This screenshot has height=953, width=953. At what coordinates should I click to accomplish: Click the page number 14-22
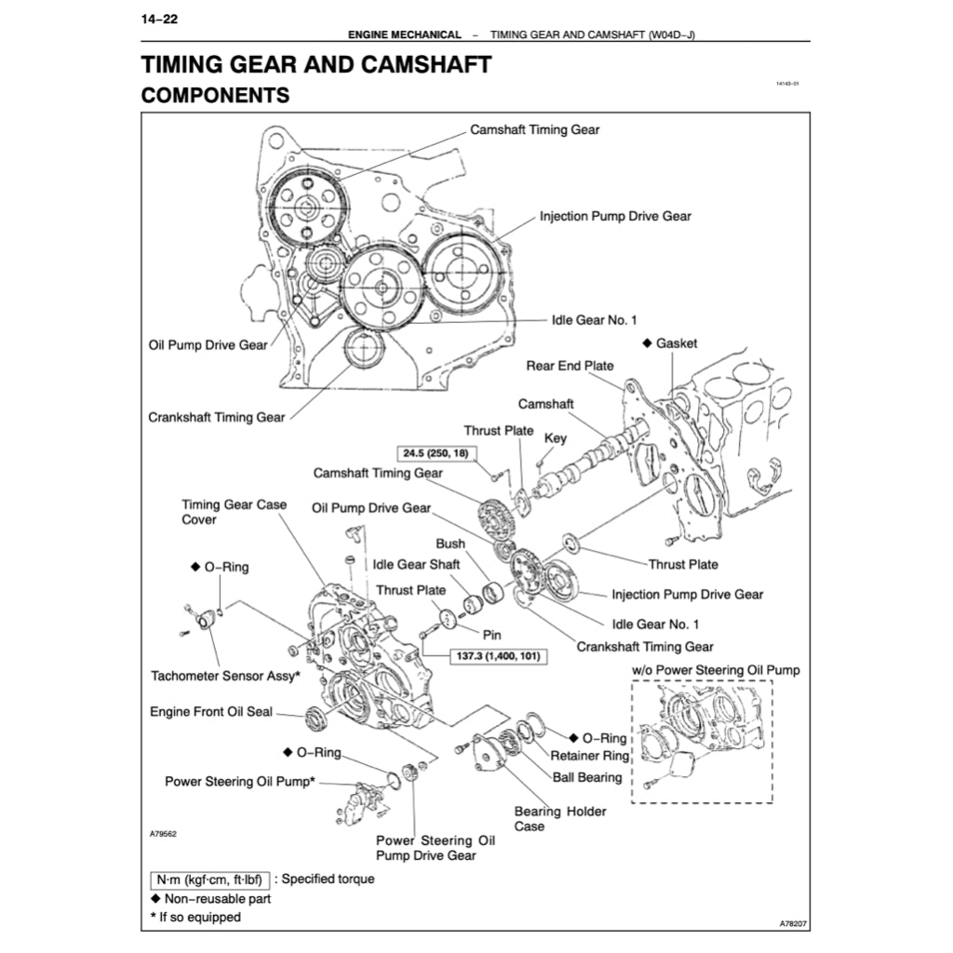(159, 19)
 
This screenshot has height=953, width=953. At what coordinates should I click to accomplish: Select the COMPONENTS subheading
(214, 95)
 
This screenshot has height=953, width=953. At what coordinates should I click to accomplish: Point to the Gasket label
(676, 343)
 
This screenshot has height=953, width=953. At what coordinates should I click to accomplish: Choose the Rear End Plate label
(570, 366)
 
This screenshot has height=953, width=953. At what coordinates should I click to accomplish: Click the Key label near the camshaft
(555, 438)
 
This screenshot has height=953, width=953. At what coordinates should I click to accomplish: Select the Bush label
(450, 544)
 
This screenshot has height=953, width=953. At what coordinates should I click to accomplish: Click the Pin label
(491, 634)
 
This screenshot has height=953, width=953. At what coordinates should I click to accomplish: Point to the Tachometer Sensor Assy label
(225, 677)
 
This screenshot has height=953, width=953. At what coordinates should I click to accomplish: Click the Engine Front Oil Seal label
(211, 712)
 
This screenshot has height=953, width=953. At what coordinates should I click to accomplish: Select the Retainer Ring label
(589, 756)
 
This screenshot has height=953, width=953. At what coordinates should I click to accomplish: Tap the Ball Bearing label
(587, 776)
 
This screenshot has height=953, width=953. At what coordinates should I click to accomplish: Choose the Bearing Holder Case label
(559, 818)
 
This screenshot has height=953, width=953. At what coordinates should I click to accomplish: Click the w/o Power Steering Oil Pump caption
(715, 670)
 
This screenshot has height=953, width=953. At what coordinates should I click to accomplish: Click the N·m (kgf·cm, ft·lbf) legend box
(209, 879)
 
